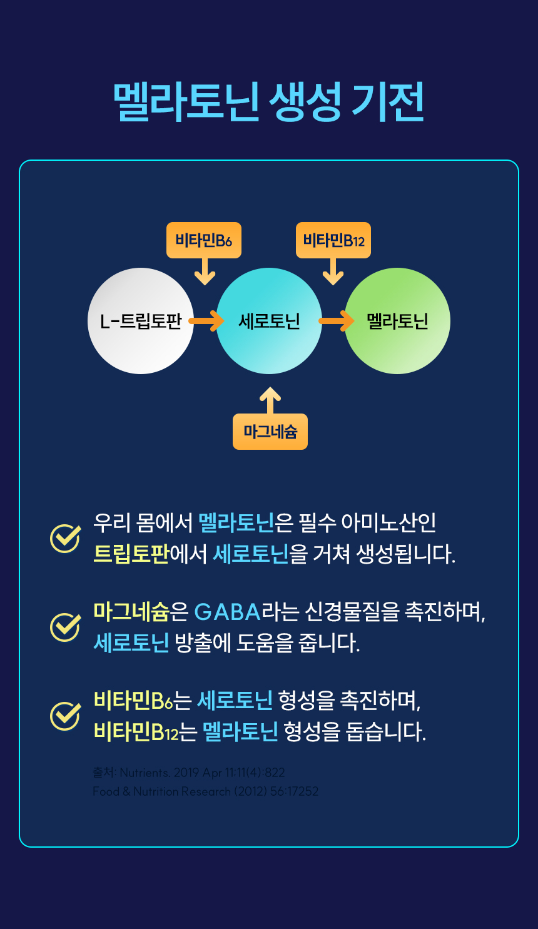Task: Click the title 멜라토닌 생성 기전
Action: click(269, 102)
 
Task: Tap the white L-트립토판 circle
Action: click(141, 321)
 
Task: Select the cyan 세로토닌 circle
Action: click(269, 321)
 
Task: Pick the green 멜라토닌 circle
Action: click(397, 321)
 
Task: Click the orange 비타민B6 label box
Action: click(204, 240)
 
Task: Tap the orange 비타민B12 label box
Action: click(333, 240)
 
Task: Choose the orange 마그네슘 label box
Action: click(270, 432)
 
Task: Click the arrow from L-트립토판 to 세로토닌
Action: click(206, 321)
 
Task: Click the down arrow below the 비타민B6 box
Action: click(205, 273)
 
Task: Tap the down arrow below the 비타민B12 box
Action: click(333, 273)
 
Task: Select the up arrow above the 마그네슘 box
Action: click(270, 400)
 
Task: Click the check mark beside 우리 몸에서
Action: click(65, 538)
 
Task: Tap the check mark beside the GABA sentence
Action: click(65, 627)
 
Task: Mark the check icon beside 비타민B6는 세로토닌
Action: click(65, 716)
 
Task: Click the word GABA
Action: click(227, 611)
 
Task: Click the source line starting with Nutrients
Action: click(189, 773)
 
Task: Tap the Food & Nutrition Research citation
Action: click(205, 791)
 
